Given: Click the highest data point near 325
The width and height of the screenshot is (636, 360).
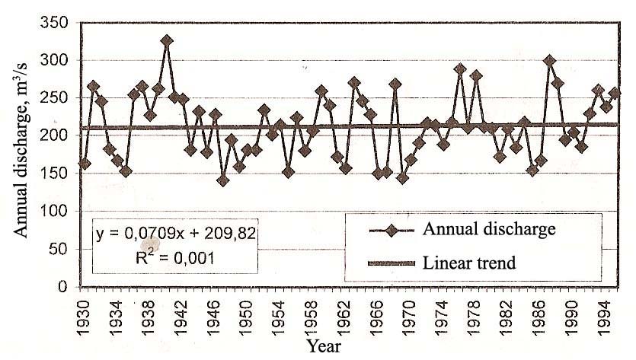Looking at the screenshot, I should [x=167, y=41].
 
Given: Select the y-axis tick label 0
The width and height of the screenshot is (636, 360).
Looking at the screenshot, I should [x=64, y=286].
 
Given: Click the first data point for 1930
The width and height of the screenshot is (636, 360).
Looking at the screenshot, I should [x=85, y=164].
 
